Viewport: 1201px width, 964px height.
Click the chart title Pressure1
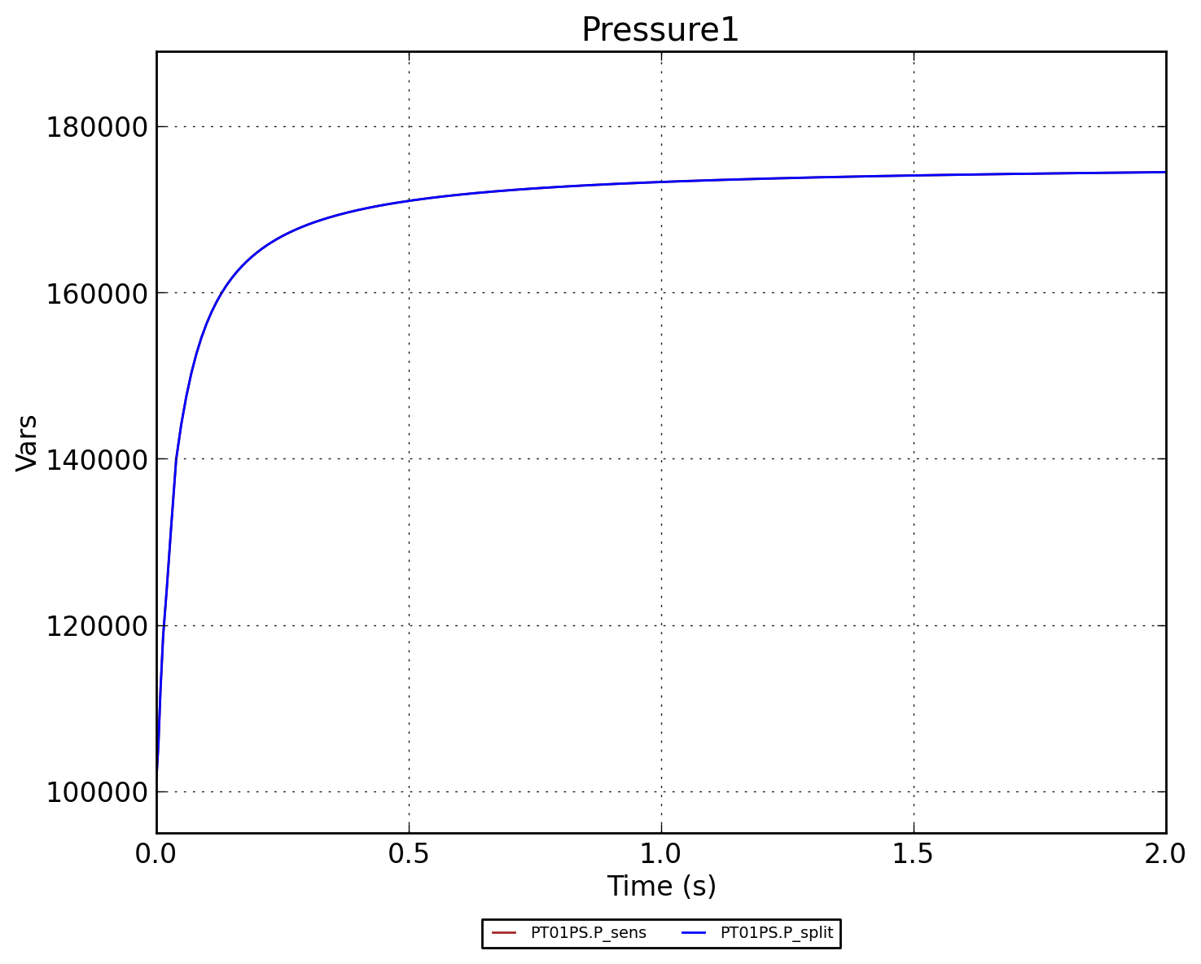click(660, 30)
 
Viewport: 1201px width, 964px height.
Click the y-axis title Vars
click(27, 443)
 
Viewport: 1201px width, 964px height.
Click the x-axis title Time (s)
click(661, 886)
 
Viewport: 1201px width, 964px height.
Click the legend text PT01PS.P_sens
click(588, 933)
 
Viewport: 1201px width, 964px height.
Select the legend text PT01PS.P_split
click(777, 933)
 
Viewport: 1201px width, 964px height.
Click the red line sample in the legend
click(504, 933)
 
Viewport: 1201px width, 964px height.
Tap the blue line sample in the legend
click(693, 933)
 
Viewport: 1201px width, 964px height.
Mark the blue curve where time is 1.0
click(661, 182)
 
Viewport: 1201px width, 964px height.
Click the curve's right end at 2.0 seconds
click(1164, 172)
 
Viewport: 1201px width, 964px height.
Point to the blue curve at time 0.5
click(409, 200)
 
